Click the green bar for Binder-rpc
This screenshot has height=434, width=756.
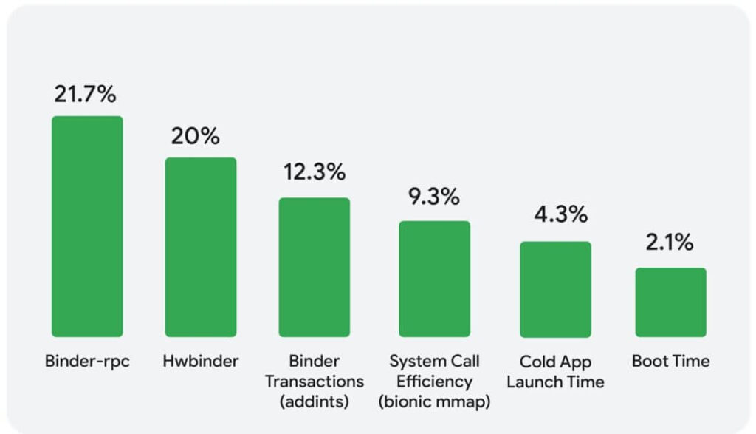click(x=87, y=226)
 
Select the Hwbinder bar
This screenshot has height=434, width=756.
click(x=201, y=247)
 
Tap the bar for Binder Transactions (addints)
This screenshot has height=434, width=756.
click(x=314, y=267)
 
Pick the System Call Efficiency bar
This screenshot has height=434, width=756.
click(x=435, y=279)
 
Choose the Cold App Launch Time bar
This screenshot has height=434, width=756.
click(x=555, y=289)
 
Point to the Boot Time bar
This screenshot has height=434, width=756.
click(x=670, y=302)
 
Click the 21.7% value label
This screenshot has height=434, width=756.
click(x=86, y=95)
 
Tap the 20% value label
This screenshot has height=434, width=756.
click(x=196, y=137)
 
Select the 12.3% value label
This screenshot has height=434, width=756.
click(x=315, y=172)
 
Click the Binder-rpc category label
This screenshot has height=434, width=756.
click(x=87, y=362)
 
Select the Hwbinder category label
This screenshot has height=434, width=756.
click(x=201, y=362)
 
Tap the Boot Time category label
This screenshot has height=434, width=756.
click(x=670, y=362)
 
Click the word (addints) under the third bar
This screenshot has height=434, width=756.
click(x=315, y=401)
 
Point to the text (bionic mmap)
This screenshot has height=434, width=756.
click(x=435, y=401)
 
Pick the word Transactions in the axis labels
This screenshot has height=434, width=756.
click(x=315, y=382)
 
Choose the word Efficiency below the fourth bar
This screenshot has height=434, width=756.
click(x=435, y=382)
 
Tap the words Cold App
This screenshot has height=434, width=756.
click(x=555, y=362)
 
